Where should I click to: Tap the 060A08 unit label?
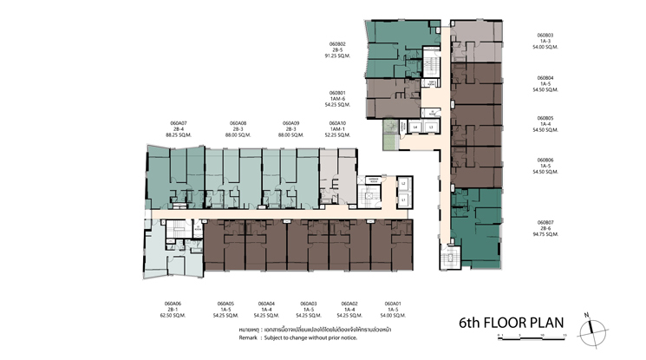(238, 123)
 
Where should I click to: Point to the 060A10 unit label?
(337, 123)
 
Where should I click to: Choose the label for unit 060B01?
(337, 93)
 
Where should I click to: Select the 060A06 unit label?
(172, 304)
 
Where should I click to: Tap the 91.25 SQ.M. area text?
(337, 56)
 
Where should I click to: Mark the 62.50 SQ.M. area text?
(172, 316)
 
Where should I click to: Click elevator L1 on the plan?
(403, 200)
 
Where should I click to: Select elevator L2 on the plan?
(403, 183)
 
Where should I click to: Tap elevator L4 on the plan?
(415, 128)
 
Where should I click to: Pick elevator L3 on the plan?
(431, 128)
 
